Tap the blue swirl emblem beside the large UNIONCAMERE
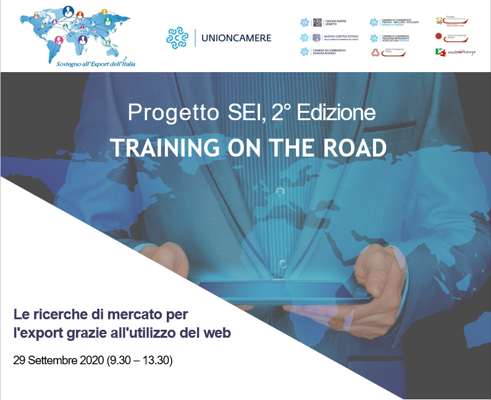pyautogui.click(x=177, y=38)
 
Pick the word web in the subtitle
pyautogui.click(x=218, y=333)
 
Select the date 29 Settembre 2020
pyautogui.click(x=58, y=360)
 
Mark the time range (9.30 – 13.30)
pyautogui.click(x=140, y=360)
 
